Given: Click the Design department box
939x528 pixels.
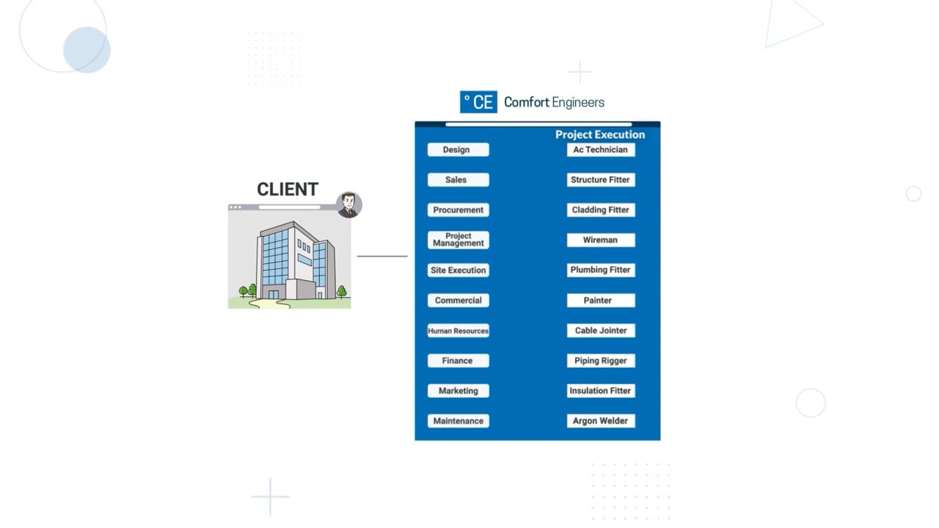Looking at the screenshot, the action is pyautogui.click(x=458, y=150).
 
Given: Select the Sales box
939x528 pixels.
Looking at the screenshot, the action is pyautogui.click(x=458, y=180).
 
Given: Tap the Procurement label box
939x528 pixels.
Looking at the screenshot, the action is pyautogui.click(x=458, y=210).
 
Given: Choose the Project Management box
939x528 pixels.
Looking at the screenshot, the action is pyautogui.click(x=458, y=240).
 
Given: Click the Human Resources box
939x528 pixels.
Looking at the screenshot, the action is pyautogui.click(x=458, y=331).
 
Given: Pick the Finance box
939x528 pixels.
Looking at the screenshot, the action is pyautogui.click(x=458, y=361).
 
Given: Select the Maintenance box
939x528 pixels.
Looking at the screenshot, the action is pyautogui.click(x=458, y=421).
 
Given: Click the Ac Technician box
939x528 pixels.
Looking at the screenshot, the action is pyautogui.click(x=601, y=150).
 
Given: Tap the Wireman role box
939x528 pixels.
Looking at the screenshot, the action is pyautogui.click(x=601, y=240).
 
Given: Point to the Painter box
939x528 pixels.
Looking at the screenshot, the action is pyautogui.click(x=601, y=301).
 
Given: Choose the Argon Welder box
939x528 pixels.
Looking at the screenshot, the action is pyautogui.click(x=601, y=421).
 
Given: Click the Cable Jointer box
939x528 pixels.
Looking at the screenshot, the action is pyautogui.click(x=601, y=331).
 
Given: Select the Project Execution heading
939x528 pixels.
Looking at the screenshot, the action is pyautogui.click(x=600, y=134).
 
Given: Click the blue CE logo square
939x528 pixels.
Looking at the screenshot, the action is pyautogui.click(x=478, y=102).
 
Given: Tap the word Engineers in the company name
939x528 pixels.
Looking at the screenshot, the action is pyautogui.click(x=578, y=103).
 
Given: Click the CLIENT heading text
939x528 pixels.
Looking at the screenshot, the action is pyautogui.click(x=288, y=189).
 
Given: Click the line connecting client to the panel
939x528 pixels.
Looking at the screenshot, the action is pyautogui.click(x=382, y=256).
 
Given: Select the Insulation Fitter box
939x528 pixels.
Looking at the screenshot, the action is pyautogui.click(x=601, y=391).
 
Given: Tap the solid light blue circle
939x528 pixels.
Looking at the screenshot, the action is pyautogui.click(x=87, y=50).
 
